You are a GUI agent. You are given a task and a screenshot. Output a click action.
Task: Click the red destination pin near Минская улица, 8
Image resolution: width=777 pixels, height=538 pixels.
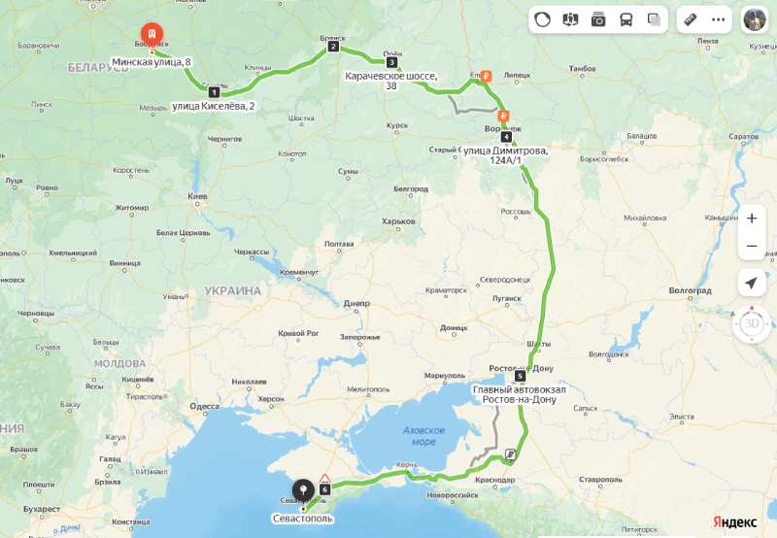[x=152, y=33]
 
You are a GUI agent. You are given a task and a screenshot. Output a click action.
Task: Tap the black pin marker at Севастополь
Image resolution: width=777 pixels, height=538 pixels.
[x=303, y=489]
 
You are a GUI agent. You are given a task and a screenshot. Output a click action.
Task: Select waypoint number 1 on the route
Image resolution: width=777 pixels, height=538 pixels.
[x=214, y=92]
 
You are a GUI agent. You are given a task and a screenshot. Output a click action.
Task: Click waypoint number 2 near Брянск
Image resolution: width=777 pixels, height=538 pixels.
[x=333, y=47]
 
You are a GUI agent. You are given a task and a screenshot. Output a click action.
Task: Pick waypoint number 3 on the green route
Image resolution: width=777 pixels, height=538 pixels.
[x=391, y=62]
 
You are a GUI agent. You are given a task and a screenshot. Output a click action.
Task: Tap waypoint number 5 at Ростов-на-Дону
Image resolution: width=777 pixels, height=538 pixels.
[x=520, y=375]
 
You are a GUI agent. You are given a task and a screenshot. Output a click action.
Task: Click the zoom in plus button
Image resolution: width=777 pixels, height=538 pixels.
[x=751, y=219]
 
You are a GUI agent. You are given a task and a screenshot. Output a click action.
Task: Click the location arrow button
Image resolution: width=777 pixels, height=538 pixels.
[x=751, y=283]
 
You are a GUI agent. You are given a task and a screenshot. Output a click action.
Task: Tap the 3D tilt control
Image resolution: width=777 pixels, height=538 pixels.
[x=751, y=324]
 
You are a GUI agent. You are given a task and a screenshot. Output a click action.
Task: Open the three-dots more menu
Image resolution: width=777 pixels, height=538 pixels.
[x=719, y=19]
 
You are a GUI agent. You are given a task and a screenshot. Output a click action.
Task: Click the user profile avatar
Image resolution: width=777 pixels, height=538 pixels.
[x=755, y=19]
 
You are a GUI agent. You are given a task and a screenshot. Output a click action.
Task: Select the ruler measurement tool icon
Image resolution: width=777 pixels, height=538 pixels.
[x=691, y=19]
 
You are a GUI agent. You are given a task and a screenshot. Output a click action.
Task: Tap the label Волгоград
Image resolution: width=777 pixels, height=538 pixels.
[x=690, y=290]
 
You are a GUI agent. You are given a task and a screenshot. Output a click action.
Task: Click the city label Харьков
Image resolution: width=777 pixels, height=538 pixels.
[x=398, y=221]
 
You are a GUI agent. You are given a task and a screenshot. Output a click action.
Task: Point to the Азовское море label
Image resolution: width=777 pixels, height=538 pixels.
[x=424, y=435]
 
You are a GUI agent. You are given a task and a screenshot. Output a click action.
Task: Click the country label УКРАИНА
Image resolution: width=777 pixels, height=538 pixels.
[x=233, y=290]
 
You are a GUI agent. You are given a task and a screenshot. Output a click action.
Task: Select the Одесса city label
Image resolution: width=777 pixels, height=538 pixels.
[x=205, y=407]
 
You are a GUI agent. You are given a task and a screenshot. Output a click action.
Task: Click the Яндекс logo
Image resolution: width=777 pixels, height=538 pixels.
[x=734, y=521]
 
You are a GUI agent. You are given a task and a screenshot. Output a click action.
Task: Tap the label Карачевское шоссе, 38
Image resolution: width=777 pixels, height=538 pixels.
[x=391, y=80]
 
